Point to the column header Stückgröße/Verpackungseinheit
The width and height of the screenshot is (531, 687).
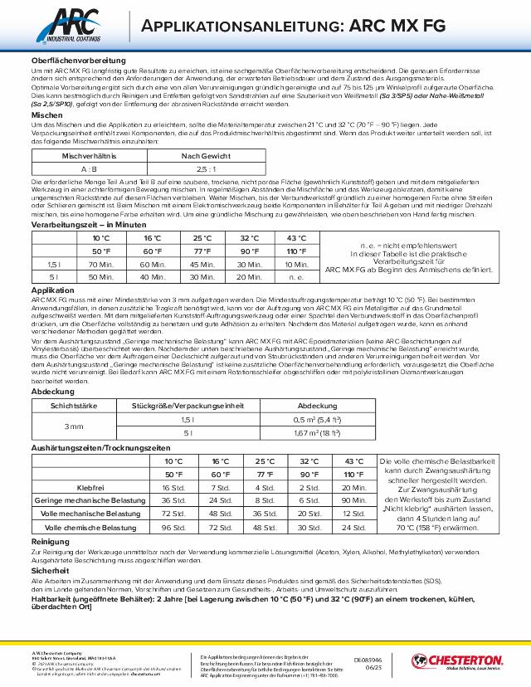[x=188, y=406]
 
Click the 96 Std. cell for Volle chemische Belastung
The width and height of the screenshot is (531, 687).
[x=173, y=527]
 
